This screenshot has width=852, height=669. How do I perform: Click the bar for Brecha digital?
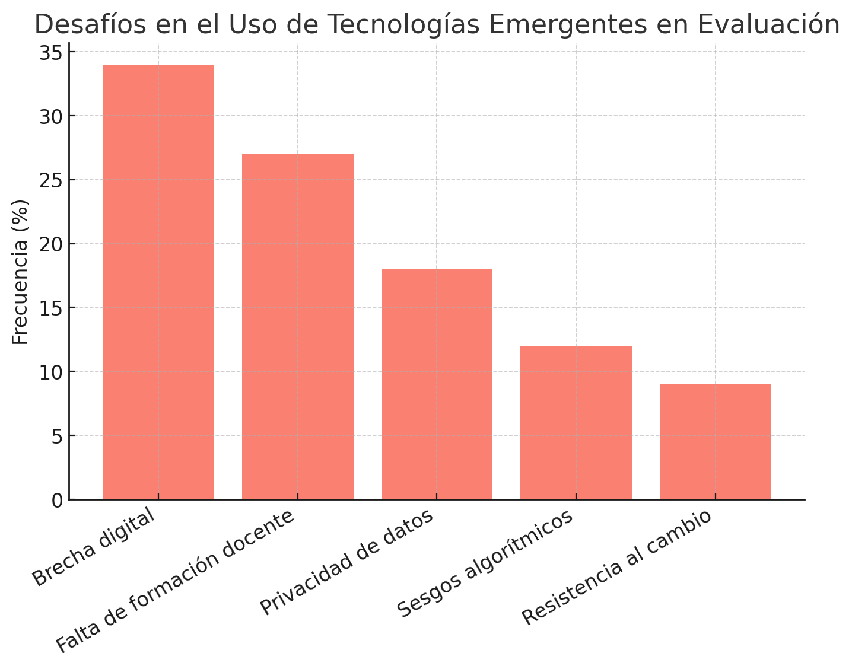coord(158,282)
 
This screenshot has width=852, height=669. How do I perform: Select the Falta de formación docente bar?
coord(297,326)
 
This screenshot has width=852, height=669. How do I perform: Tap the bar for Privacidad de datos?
coord(437,384)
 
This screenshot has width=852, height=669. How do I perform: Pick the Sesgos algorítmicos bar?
coord(576,422)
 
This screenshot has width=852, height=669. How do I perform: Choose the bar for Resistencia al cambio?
coord(715,442)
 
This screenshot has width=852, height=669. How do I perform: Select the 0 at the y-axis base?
coord(58,501)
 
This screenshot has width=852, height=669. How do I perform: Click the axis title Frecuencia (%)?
coord(21,272)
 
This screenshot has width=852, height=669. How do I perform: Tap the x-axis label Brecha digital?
coord(94,547)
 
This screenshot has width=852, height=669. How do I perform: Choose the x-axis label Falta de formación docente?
coord(175,582)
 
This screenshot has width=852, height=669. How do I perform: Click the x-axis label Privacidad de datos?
coord(347,562)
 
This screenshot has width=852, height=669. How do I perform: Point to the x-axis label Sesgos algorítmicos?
coord(485,563)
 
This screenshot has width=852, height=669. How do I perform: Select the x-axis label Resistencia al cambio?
coord(617,567)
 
